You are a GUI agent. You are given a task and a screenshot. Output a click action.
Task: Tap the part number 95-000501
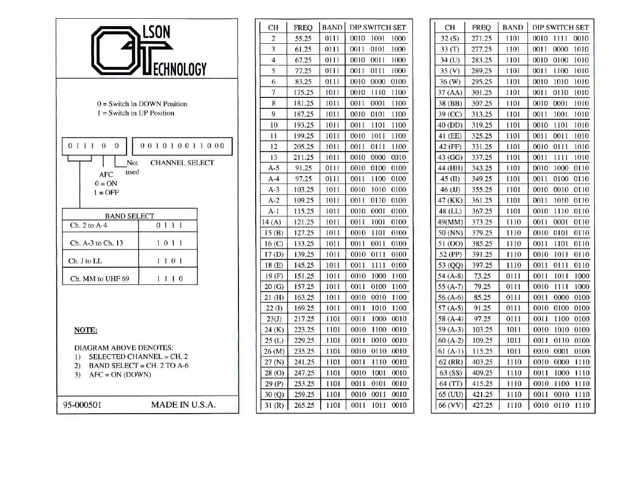82,405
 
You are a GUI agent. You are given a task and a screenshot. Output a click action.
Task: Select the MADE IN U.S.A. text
183,405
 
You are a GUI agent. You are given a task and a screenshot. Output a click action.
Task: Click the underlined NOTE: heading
85,330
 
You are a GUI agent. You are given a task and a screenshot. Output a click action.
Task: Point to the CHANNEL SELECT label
182,163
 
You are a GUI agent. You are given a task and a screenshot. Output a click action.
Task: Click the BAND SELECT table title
130,216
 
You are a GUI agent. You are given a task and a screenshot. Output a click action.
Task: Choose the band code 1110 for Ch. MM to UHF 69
170,279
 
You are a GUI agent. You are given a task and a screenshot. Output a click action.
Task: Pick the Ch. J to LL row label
85,261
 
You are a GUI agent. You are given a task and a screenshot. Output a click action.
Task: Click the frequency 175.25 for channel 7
303,92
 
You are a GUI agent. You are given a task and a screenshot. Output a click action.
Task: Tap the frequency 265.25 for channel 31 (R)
304,405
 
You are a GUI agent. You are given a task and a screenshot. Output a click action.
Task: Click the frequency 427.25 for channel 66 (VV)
482,405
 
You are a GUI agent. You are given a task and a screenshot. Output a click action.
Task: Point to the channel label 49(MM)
450,222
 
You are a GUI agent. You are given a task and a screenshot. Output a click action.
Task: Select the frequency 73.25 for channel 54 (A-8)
482,276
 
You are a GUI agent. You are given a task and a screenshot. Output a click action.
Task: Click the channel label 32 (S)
449,38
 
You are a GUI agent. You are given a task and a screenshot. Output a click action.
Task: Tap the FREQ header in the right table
481,27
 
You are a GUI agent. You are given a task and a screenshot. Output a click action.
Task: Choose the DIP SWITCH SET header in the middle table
377,27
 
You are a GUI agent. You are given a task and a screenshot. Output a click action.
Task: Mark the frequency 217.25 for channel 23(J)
304,319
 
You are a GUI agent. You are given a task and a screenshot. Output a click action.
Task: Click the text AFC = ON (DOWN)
120,375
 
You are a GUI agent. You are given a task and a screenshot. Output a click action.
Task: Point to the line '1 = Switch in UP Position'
135,113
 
